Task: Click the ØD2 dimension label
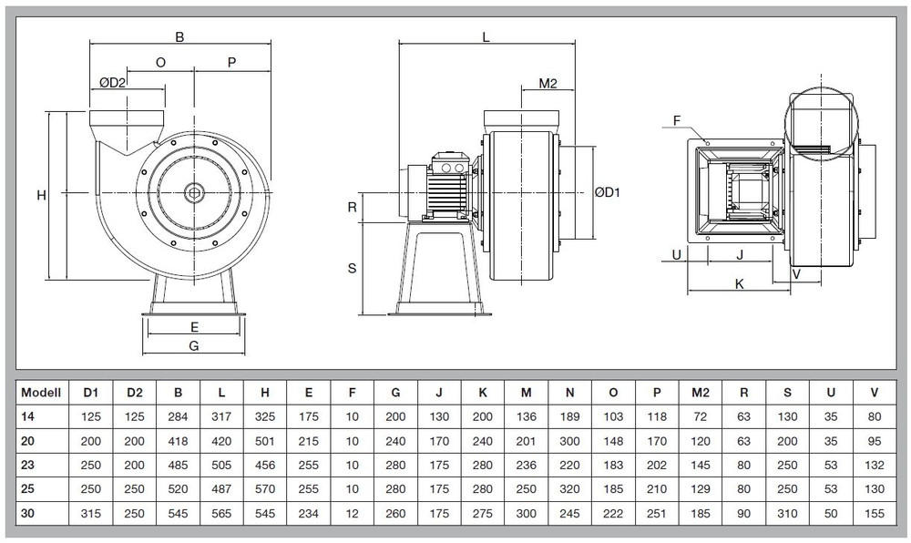[x=112, y=82]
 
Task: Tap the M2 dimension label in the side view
[x=548, y=84]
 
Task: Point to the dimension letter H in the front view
[x=41, y=195]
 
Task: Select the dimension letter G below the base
[x=193, y=345]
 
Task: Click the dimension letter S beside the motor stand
[x=352, y=268]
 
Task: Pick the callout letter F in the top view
[x=678, y=119]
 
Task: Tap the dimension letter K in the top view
[x=740, y=283]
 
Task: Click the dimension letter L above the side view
[x=486, y=37]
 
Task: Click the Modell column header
[x=40, y=393]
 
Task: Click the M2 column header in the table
[x=701, y=393]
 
